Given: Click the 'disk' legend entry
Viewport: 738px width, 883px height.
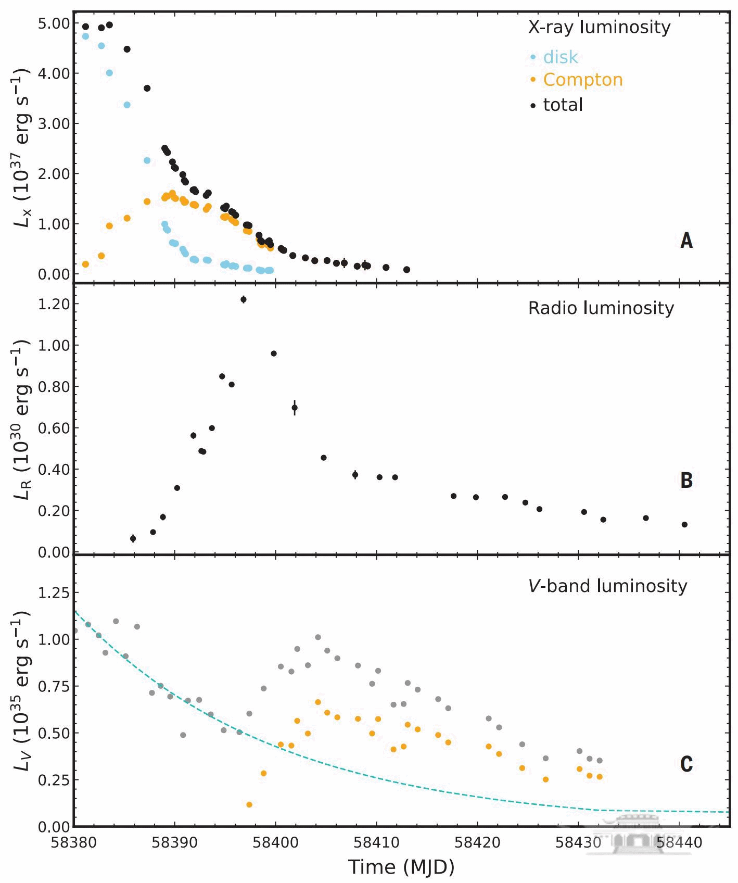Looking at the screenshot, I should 560,57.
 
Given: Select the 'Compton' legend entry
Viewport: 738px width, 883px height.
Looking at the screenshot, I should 582,80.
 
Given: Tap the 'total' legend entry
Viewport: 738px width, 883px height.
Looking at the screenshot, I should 563,105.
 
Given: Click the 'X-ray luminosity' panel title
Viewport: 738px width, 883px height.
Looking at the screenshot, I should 599,27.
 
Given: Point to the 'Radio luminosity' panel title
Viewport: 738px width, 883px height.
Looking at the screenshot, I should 601,308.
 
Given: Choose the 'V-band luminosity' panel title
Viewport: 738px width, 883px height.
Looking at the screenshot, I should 607,586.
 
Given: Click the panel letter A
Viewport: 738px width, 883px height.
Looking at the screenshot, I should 686,241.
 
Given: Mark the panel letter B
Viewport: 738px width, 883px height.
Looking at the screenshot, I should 686,480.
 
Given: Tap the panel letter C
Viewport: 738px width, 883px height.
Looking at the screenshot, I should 686,764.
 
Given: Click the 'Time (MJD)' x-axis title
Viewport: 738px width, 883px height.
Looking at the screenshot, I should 401,867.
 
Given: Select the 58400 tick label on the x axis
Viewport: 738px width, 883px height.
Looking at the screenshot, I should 275,842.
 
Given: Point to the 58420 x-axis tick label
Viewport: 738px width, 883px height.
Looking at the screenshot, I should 477,842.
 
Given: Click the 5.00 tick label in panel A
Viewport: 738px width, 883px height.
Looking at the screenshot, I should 53,23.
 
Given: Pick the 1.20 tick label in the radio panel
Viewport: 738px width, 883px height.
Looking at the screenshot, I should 53,304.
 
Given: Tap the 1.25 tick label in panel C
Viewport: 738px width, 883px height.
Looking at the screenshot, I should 53,592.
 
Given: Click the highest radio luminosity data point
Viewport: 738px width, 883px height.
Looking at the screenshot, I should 243,299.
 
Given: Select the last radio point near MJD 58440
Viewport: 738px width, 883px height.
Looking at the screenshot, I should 684,524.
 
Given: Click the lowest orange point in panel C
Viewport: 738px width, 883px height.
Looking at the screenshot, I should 249,804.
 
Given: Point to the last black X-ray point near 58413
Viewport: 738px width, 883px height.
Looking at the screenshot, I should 406,270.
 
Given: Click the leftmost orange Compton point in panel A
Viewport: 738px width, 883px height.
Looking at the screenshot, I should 86,264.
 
